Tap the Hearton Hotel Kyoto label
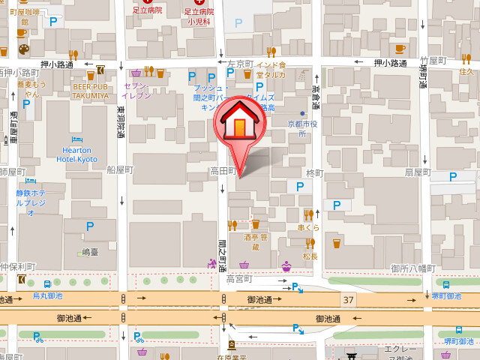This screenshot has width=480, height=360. pos(78,154)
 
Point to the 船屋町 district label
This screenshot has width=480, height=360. pos(119,170)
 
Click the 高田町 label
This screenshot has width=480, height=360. pos(222,172)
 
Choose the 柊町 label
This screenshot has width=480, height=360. pos(314,173)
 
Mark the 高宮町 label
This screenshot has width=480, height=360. pos(240,279)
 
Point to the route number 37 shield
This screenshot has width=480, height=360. pos(348,300)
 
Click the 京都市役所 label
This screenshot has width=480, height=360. pos(303,128)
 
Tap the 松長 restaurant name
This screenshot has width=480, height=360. pos(310,256)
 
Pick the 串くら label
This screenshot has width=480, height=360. pos(309,226)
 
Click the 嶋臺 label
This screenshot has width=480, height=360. pos(91,253)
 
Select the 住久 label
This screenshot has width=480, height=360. pos(466,72)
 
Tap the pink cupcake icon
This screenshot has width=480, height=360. pos(286,266)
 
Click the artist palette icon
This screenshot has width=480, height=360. pos(22,49)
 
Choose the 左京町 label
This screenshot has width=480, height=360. pos(241,64)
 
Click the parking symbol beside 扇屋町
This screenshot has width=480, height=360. pos(452,176)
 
